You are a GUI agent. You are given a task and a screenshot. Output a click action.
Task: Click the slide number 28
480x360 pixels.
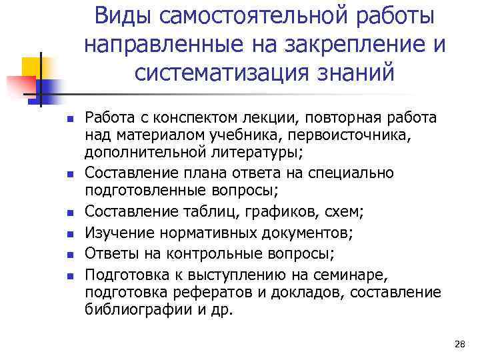pyautogui.click(x=459, y=344)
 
